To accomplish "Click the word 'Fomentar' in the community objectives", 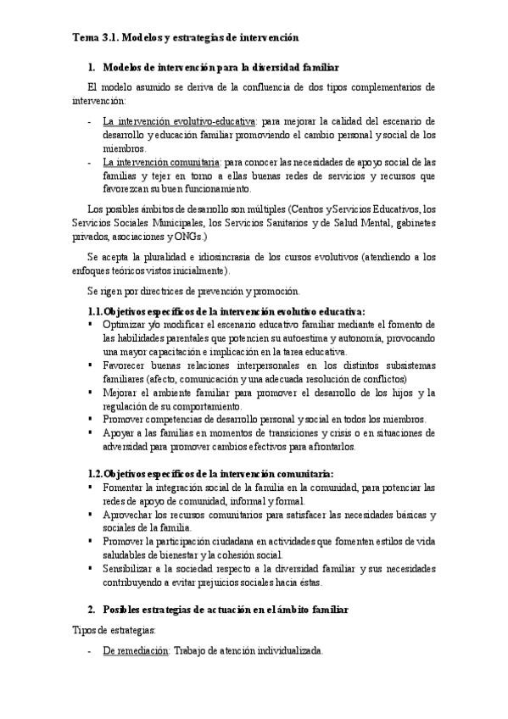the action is click(125, 488).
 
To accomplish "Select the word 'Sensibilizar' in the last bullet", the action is click(129, 569).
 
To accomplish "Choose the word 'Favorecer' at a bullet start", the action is click(126, 365).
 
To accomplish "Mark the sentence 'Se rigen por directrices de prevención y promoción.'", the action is click(193, 291).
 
